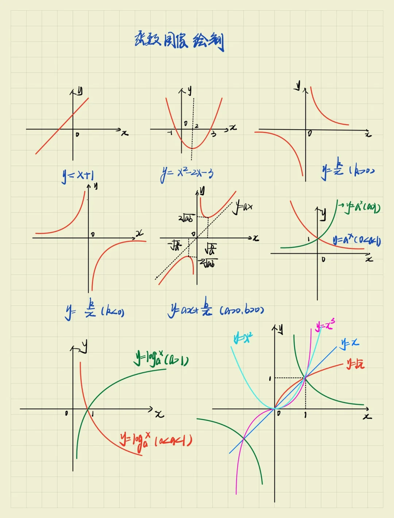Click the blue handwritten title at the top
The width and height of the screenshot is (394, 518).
pos(179,41)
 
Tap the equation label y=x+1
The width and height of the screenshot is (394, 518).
pos(78,176)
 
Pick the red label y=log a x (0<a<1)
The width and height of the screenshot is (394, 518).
pos(156,440)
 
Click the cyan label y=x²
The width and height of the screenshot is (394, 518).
pos(243,338)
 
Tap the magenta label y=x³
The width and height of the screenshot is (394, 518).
pos(325,325)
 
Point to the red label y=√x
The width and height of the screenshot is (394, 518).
pos(355,364)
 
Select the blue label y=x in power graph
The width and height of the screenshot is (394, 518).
pos(350,343)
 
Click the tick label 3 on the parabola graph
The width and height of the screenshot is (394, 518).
pos(213,134)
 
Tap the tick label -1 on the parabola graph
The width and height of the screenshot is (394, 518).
pos(170,133)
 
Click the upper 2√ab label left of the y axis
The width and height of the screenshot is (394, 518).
pos(186,218)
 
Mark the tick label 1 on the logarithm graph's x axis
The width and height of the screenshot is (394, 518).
pos(93,414)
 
